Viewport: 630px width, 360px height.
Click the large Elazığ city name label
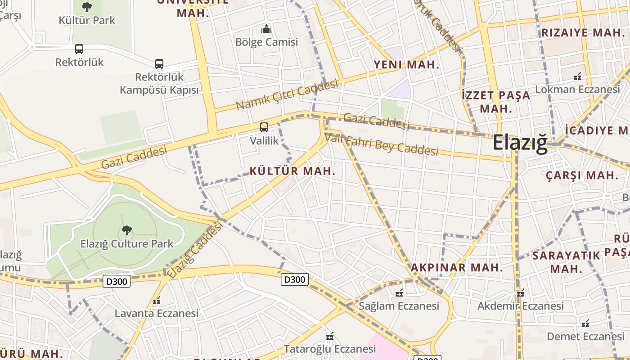pyautogui.click(x=520, y=143)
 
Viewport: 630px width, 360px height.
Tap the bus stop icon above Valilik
pyautogui.click(x=264, y=127)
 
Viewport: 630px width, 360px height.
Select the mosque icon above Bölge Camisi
pyautogui.click(x=266, y=29)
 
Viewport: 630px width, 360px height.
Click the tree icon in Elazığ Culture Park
pyautogui.click(x=126, y=230)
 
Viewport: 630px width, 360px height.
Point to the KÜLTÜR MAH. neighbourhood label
pyautogui.click(x=292, y=171)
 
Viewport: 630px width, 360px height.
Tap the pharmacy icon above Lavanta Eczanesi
pyautogui.click(x=157, y=301)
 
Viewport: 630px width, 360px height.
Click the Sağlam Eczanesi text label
pyautogui.click(x=399, y=306)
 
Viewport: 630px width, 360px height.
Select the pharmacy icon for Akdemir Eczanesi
pyautogui.click(x=521, y=293)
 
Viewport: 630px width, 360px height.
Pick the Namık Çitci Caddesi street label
pyautogui.click(x=287, y=94)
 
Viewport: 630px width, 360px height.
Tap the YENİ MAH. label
pyautogui.click(x=406, y=65)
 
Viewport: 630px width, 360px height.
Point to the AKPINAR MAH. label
pyautogui.click(x=456, y=267)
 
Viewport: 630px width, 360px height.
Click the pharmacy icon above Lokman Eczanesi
pyautogui.click(x=577, y=76)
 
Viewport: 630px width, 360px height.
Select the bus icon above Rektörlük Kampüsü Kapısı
pyautogui.click(x=159, y=64)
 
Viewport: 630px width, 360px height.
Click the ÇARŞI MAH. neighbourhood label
pyautogui.click(x=582, y=175)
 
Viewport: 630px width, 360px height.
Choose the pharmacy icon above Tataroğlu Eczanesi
pyautogui.click(x=329, y=336)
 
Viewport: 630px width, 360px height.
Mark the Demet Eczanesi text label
pyautogui.click(x=585, y=336)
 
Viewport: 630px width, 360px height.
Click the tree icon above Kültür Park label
pyautogui.click(x=87, y=7)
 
